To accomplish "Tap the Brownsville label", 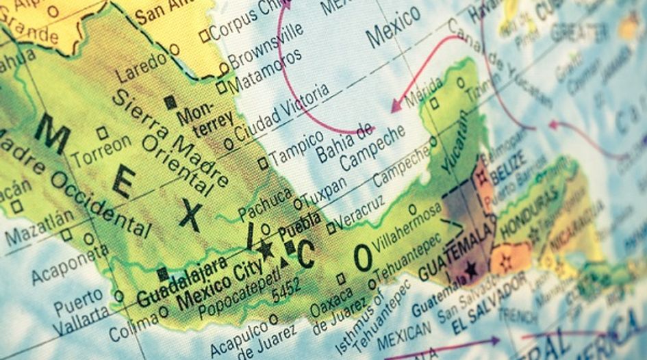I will coord(265,46).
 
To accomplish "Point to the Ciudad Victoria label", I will coord(281,110).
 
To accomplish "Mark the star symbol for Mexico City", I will coord(266,250).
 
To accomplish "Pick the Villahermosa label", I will coord(409,230).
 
